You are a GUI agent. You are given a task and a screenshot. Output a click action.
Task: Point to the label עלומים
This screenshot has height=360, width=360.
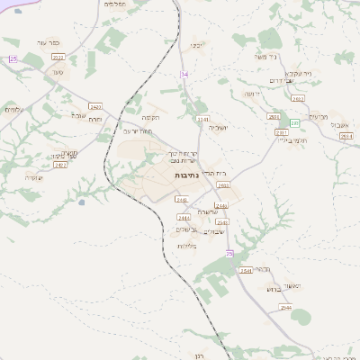(13, 110)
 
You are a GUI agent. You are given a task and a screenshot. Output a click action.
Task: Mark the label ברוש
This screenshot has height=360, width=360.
(274, 290)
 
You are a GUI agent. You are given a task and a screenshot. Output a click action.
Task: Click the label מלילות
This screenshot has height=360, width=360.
(187, 246)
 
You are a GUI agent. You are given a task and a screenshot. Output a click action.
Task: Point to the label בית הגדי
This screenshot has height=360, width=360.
(209, 172)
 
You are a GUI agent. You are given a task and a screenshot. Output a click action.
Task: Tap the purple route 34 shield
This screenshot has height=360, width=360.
(184, 73)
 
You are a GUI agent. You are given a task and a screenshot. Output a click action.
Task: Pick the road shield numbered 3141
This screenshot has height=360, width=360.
(202, 118)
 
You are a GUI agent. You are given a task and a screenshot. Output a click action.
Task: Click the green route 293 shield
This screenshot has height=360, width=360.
(294, 123)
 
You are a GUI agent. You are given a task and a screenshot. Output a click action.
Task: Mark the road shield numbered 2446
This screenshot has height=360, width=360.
(221, 206)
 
